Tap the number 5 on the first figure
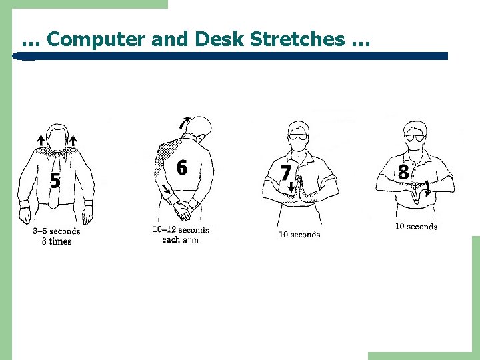[55, 180]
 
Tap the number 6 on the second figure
[181, 167]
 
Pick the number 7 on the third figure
[285, 173]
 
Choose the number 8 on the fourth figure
[403, 172]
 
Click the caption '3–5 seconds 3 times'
[57, 236]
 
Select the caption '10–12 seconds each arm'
[181, 235]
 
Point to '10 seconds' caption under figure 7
[299, 235]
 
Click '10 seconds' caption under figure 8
[416, 227]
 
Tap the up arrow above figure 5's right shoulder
[73, 140]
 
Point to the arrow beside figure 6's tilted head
[183, 123]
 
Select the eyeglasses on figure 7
[298, 137]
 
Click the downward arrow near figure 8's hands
[427, 189]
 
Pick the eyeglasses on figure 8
[415, 138]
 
